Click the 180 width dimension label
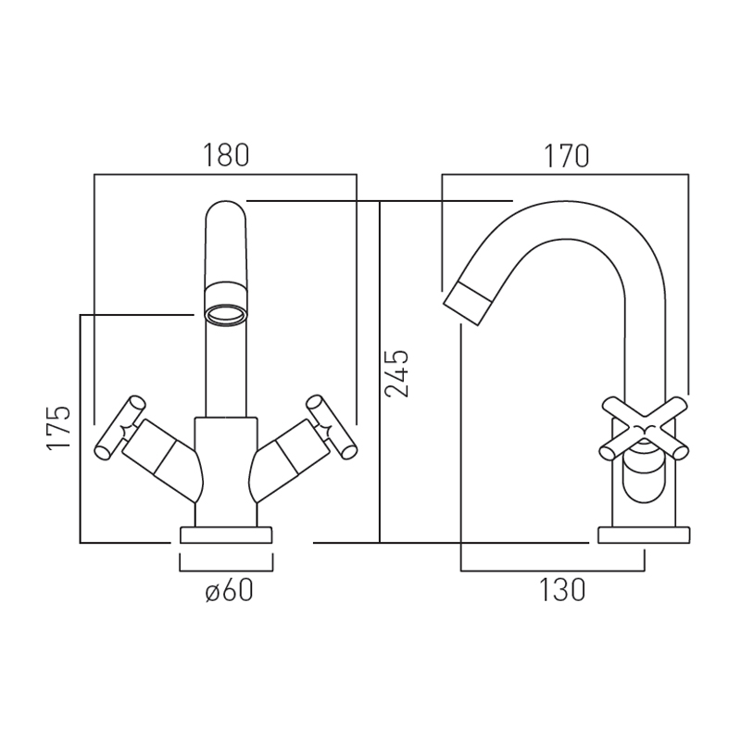226,155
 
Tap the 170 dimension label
567,156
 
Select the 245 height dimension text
396,374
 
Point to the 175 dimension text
58,427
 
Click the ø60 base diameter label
230,590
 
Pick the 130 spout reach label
562,590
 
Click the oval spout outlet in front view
226,314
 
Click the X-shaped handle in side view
644,429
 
